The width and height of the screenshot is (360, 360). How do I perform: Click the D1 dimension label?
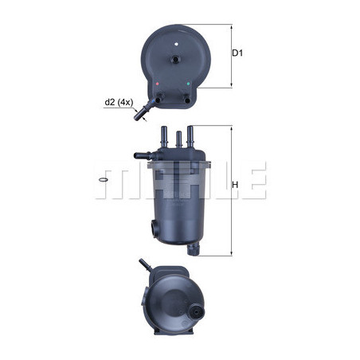tap(237, 53)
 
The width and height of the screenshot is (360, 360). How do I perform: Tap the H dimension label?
tap(235, 185)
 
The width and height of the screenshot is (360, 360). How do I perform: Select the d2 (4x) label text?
tap(119, 102)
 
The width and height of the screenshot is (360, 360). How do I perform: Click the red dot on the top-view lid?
tap(158, 84)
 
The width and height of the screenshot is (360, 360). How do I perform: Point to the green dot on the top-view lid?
tap(188, 84)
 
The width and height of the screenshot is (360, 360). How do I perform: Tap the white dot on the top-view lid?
tap(176, 44)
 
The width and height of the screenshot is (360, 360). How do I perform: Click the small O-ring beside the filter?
tap(103, 180)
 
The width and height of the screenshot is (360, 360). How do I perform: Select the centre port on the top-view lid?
tap(176, 59)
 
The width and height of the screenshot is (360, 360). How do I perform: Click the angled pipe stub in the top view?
tap(143, 112)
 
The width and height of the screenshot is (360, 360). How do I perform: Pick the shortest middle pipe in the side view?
tap(179, 140)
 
